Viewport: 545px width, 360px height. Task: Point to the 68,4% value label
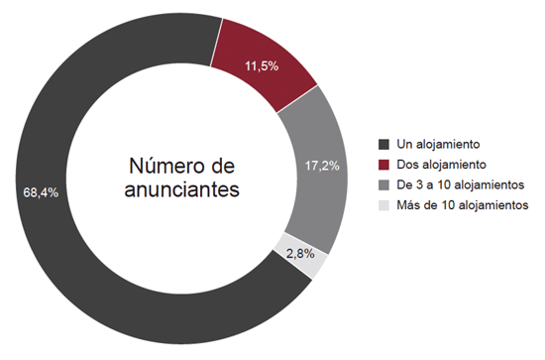(41, 191)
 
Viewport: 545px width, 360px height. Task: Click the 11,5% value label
(261, 65)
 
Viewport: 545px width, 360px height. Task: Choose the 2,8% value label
(301, 253)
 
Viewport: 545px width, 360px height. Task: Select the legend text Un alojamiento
(437, 144)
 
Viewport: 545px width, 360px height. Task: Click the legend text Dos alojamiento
(441, 165)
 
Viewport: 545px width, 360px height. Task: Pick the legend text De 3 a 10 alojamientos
(462, 185)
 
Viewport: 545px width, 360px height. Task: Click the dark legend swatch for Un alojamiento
(385, 144)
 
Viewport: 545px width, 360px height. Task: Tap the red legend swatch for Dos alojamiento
(385, 165)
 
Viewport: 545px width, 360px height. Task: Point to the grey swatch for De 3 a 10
(385, 185)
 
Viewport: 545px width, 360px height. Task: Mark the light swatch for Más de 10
(385, 206)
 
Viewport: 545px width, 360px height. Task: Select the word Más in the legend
(408, 206)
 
